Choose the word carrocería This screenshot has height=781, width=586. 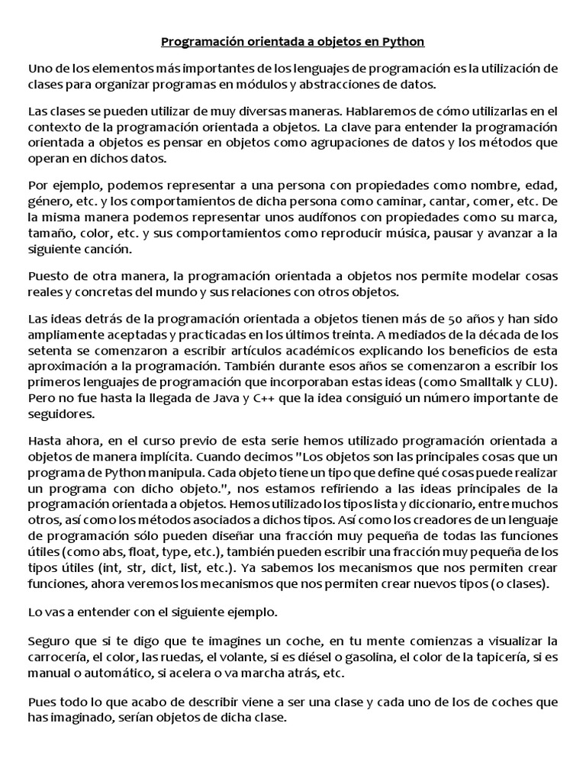[58, 657]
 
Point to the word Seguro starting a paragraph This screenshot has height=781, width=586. [49, 641]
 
